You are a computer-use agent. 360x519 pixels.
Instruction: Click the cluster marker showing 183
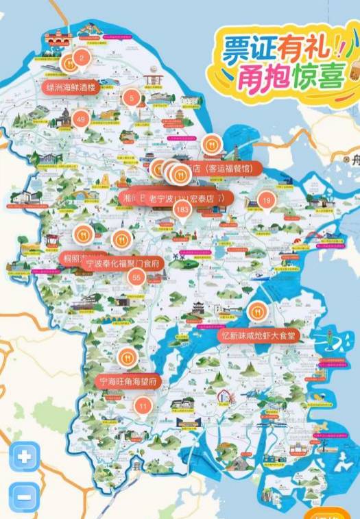coord(182,209)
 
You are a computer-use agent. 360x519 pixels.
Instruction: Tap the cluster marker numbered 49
coord(81,120)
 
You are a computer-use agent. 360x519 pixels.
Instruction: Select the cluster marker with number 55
coord(136,277)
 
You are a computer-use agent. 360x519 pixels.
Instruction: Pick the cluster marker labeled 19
coord(267,200)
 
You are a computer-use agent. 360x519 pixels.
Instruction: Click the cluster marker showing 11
coord(143,407)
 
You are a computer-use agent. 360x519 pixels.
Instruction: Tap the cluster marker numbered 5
coord(132,98)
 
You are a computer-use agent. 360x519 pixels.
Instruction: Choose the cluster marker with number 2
coord(82,58)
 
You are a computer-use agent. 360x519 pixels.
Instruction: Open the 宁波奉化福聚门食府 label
coord(123,263)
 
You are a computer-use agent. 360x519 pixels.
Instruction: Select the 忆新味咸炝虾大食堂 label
coord(259,336)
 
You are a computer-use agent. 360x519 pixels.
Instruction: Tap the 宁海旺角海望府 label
coord(128,381)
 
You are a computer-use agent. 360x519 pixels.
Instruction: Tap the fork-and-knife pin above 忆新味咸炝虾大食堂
coord(258,312)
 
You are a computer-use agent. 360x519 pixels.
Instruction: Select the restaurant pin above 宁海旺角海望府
coord(127,357)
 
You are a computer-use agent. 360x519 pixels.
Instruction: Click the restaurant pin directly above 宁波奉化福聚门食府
coord(121,239)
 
